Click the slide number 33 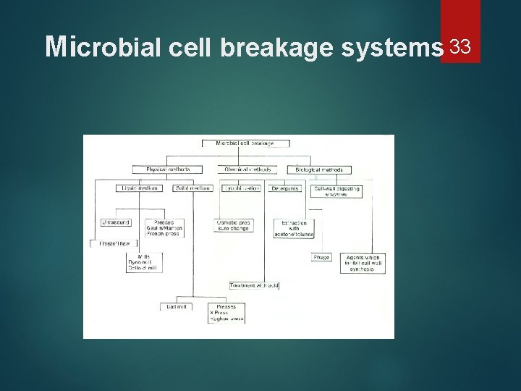coord(461,48)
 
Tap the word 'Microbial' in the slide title coord(105,48)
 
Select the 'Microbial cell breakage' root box coord(245,143)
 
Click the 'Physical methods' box coord(168,169)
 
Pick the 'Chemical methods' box coord(247,169)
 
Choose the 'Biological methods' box coord(323,170)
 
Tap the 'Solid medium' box coord(191,188)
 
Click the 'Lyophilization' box coord(241,188)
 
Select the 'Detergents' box coord(284,188)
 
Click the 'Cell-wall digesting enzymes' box coord(336,191)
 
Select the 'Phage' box coord(321,257)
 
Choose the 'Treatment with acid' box coord(253,285)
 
